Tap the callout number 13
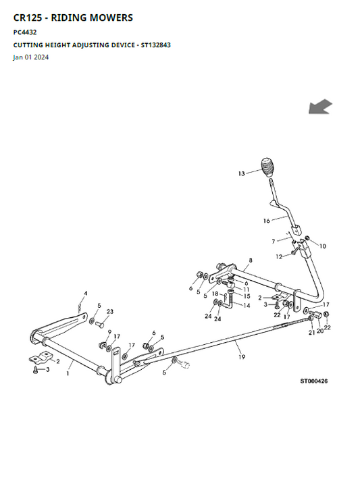[x=241, y=173]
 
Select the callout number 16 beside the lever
[x=266, y=221]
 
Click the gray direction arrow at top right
[x=320, y=107]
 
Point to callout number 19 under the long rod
[x=242, y=357]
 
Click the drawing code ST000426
[x=314, y=381]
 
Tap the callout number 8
[x=251, y=260]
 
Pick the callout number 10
[x=323, y=246]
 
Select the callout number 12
[x=279, y=256]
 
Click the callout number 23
[x=109, y=312]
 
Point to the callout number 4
[x=86, y=294]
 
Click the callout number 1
[x=68, y=373]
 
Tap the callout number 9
[x=109, y=332]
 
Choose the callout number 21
[x=311, y=333]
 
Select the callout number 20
[x=319, y=331]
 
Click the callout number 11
[x=247, y=290]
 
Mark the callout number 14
[x=247, y=305]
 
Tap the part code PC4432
[x=25, y=32]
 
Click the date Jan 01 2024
[x=31, y=57]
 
